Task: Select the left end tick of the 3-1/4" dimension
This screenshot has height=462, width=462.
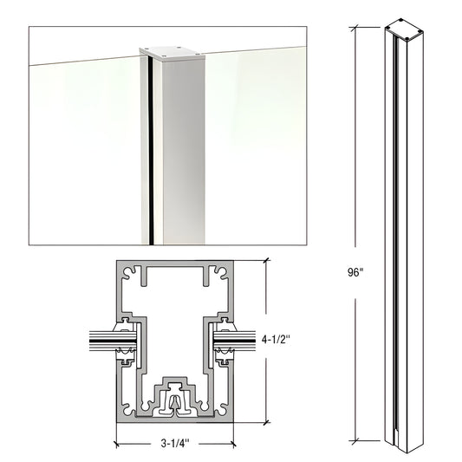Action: point(117,442)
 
